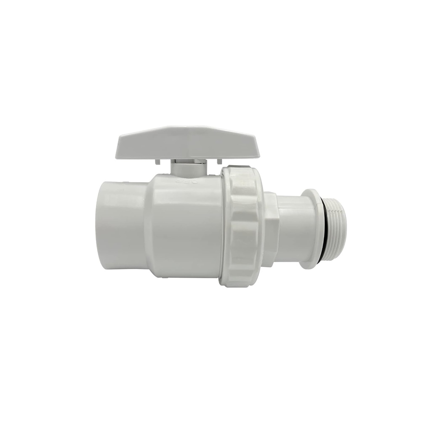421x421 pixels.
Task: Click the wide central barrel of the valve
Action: [x=185, y=227]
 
